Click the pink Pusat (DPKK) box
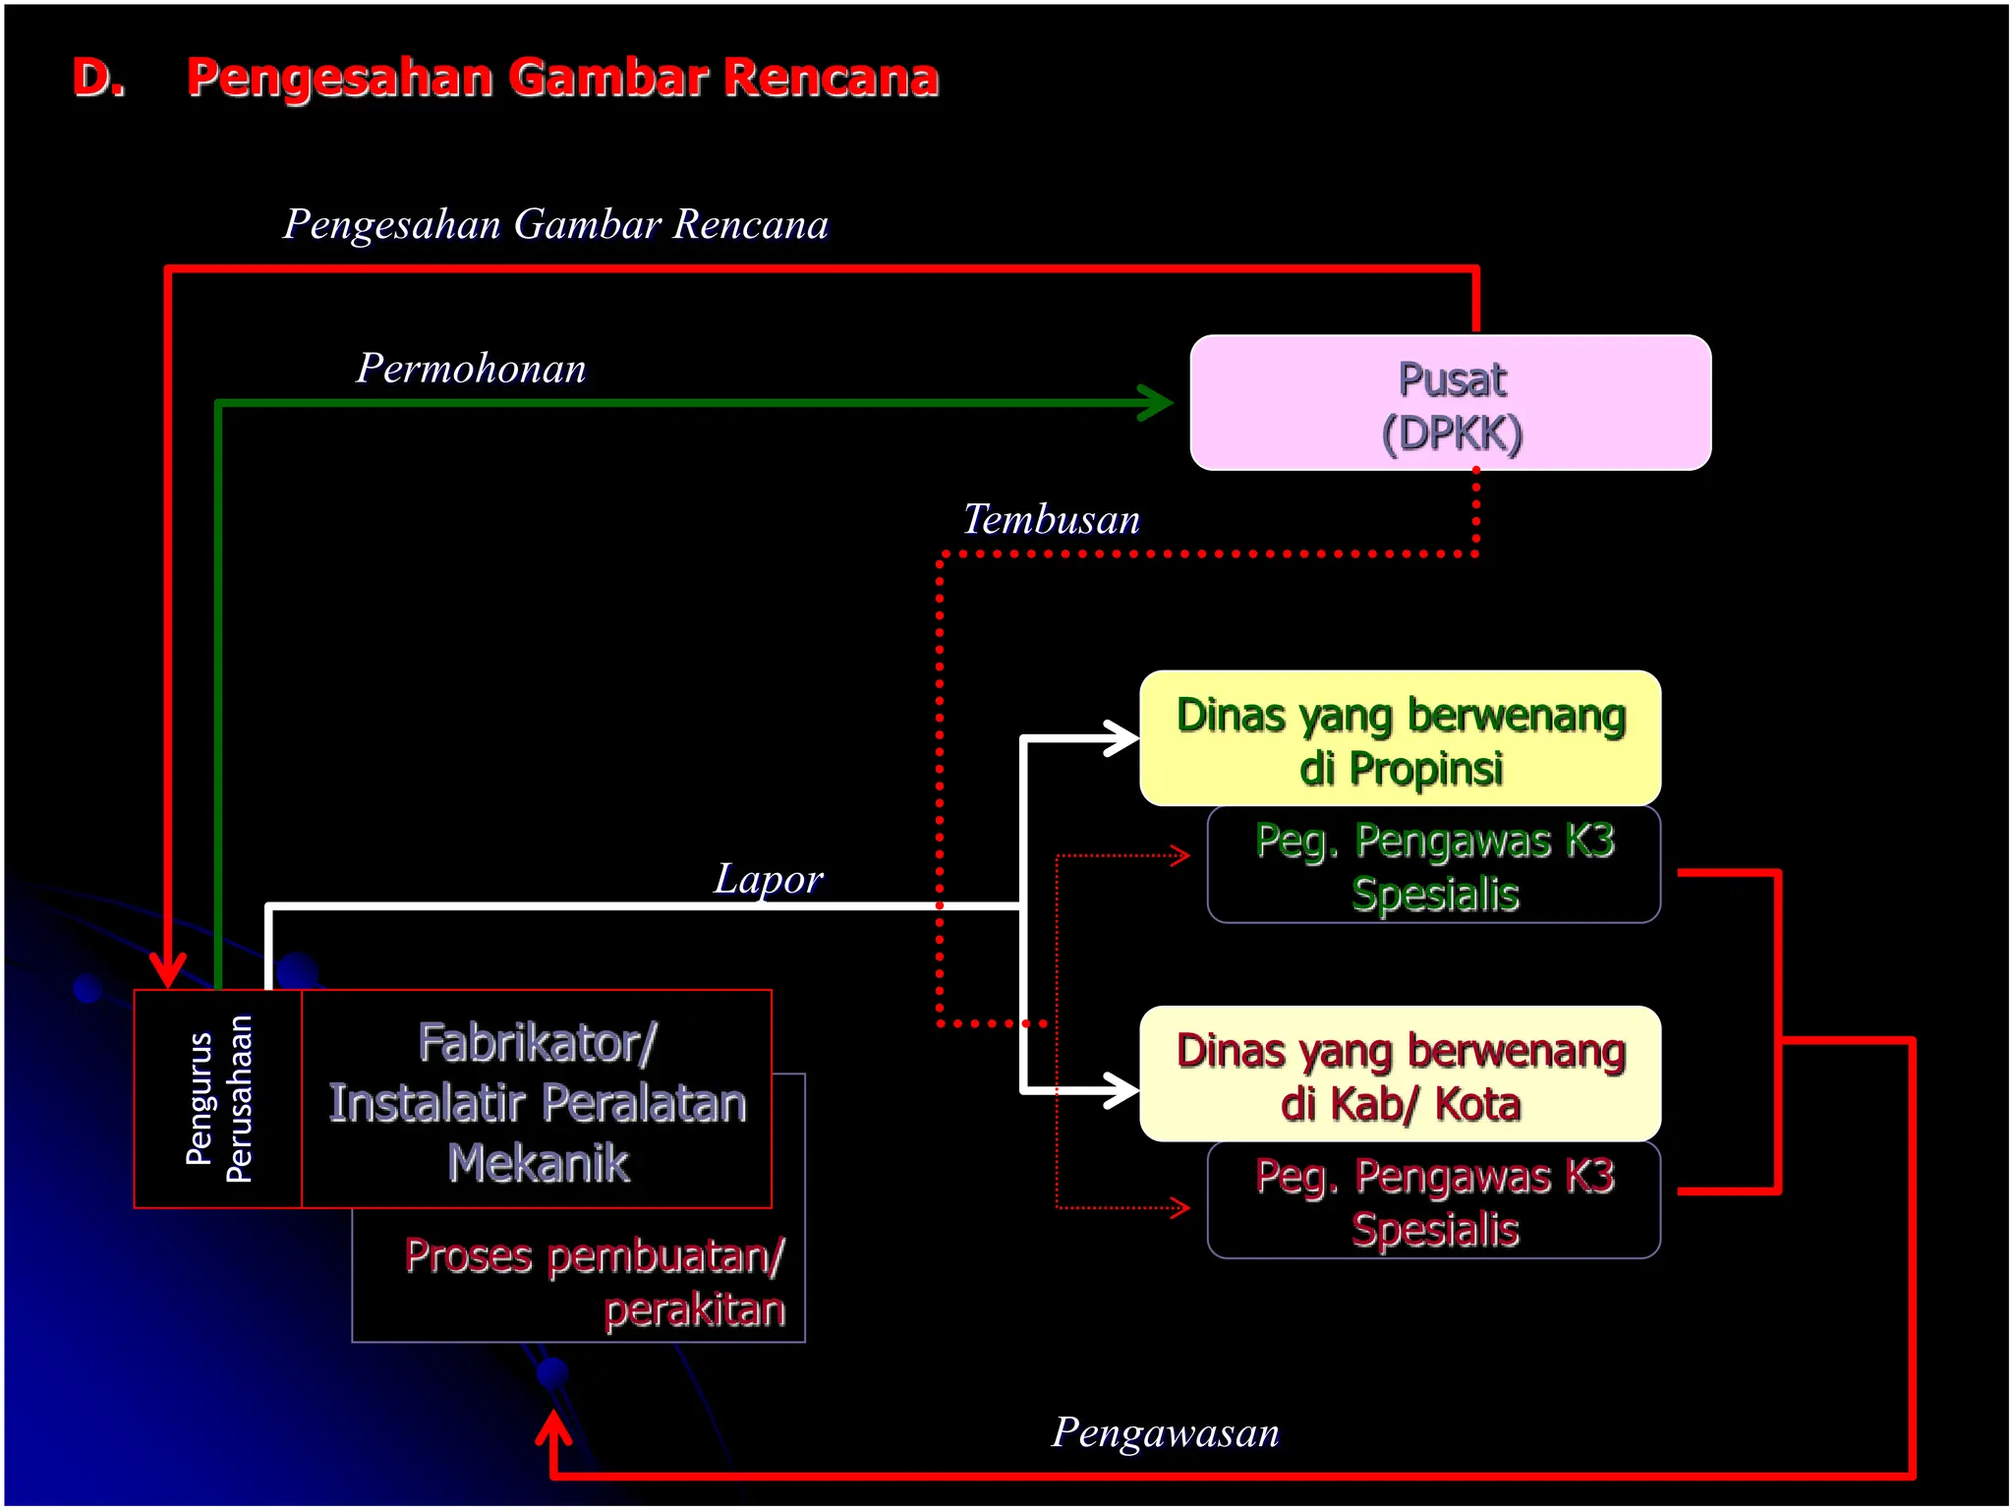point(1450,403)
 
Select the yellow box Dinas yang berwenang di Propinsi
point(1400,739)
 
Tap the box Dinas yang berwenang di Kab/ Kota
point(1400,1074)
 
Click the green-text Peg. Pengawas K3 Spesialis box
point(1433,866)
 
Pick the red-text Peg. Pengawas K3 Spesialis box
point(1433,1201)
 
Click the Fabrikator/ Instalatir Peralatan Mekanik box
point(537,1101)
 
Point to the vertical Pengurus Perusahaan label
point(218,1099)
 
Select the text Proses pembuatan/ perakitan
point(595,1282)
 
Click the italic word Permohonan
point(471,369)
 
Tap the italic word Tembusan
point(1051,519)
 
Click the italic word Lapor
point(768,879)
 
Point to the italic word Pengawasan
point(1166,1432)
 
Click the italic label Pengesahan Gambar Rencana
point(555,224)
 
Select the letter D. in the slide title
point(98,78)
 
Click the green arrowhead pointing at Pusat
point(1157,402)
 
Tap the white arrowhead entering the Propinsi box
point(1122,738)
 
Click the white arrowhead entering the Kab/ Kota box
point(1122,1090)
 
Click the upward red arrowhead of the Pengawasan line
point(553,1427)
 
